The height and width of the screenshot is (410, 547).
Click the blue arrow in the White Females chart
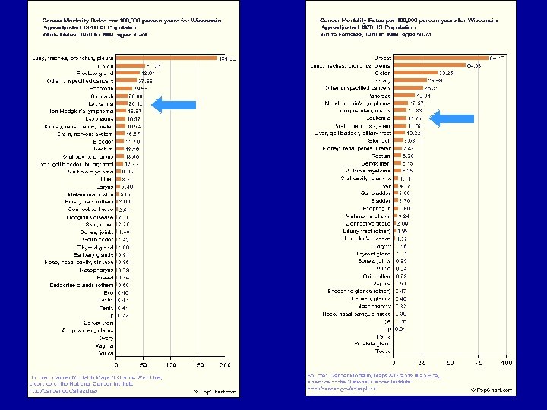[448, 118]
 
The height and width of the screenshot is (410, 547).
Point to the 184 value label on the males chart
[227, 58]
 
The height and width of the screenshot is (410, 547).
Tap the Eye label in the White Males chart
[109, 292]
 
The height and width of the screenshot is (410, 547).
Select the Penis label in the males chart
[107, 307]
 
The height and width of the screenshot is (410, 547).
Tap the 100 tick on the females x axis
[506, 364]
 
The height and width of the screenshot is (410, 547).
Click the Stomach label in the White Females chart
[380, 140]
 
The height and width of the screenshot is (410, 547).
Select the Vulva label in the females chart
[384, 268]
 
